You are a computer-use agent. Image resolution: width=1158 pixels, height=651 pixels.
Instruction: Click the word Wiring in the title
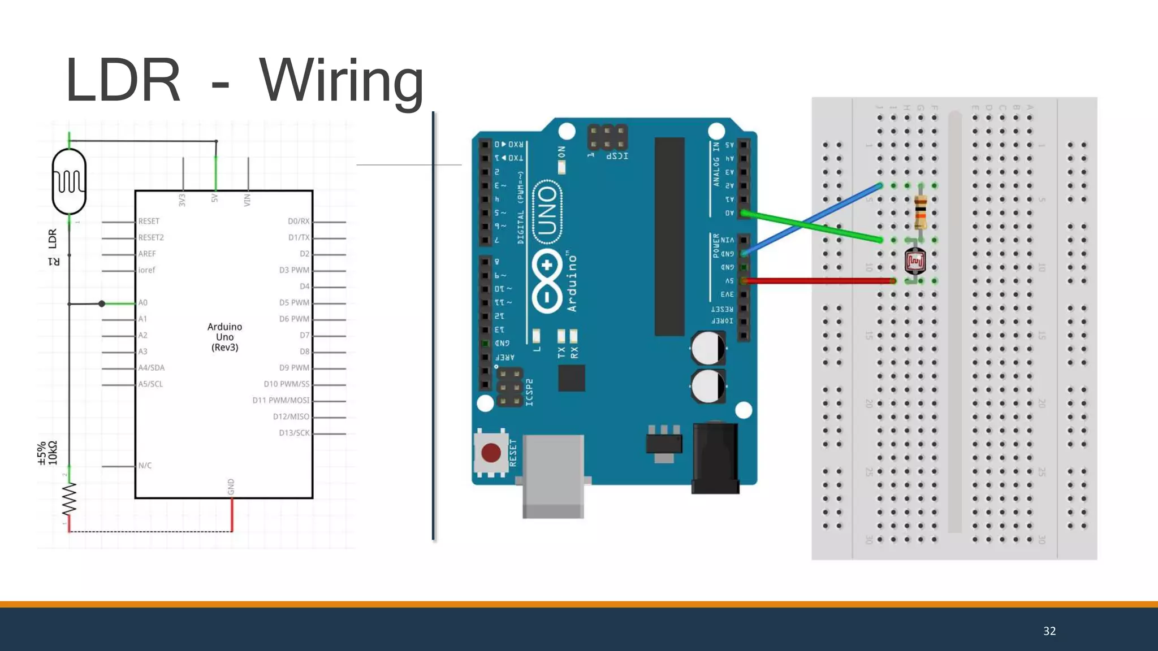point(341,81)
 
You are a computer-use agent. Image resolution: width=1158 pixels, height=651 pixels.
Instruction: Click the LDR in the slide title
point(123,81)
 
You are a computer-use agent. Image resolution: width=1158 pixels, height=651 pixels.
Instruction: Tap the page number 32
point(1049,631)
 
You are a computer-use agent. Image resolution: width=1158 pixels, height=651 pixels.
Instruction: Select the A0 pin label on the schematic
point(143,303)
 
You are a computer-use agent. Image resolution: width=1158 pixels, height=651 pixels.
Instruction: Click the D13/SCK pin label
point(294,433)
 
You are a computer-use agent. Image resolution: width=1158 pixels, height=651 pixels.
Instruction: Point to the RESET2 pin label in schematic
point(151,237)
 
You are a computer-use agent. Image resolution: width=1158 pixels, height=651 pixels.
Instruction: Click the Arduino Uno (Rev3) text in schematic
point(224,337)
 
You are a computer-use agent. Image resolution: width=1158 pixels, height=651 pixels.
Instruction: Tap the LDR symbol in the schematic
point(69,181)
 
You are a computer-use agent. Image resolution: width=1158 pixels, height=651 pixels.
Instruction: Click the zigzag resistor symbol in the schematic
point(69,498)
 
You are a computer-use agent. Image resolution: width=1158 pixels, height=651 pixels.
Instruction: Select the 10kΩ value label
point(53,453)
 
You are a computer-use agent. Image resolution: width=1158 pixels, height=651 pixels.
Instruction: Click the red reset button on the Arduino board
point(491,453)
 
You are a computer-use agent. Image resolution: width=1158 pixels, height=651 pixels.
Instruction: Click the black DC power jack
point(715,458)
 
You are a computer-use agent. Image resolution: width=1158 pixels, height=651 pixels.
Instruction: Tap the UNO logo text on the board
point(547,212)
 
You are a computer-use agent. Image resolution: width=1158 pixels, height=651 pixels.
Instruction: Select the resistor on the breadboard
point(921,212)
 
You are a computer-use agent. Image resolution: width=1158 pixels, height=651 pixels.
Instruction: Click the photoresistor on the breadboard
point(915,261)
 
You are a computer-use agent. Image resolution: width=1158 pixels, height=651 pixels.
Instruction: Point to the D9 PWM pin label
point(294,368)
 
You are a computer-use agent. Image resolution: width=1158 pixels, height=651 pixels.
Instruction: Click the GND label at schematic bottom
point(231,487)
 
